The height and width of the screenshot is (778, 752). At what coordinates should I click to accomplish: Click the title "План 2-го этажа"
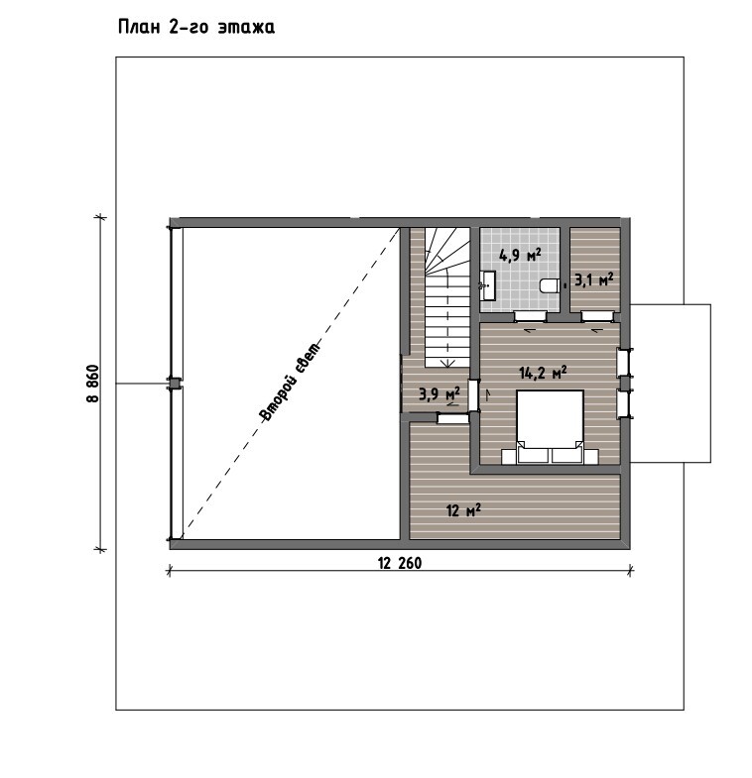196,27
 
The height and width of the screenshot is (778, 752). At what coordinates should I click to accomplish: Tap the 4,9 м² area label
520,255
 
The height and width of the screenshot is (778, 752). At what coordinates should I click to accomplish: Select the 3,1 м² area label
594,280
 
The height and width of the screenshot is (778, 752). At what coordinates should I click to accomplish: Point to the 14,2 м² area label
543,372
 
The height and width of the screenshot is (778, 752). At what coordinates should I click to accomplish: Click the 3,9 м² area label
439,394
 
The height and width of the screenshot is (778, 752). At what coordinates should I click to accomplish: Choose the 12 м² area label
463,510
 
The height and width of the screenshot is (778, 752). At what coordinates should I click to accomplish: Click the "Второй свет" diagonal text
291,381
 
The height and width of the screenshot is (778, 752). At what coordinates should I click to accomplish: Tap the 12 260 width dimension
400,563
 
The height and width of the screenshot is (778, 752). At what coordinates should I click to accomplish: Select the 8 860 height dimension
92,384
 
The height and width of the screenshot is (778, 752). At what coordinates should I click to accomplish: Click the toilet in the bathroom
550,285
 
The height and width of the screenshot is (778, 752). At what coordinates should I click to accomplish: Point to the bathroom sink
487,285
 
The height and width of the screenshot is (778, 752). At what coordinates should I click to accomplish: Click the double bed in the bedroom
550,427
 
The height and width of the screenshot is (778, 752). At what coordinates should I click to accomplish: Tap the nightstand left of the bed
509,457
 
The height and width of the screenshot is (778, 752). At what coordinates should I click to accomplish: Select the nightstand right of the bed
590,457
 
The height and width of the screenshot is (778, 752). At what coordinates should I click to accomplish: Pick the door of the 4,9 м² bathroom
530,316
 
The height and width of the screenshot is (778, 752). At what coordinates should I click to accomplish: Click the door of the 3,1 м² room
597,316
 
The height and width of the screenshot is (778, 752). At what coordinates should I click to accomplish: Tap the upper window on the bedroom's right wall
623,363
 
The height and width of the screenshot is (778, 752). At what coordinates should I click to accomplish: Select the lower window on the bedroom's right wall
623,404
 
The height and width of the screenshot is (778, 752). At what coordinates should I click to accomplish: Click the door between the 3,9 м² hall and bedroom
474,395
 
